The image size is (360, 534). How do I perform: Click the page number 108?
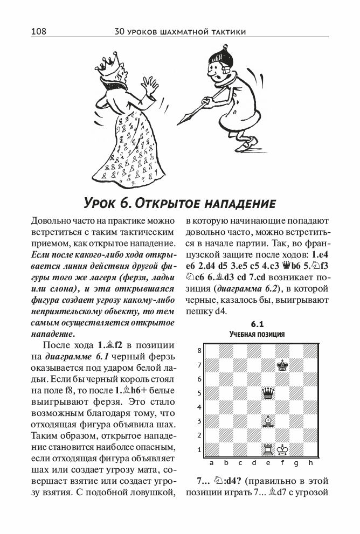pyautogui.click(x=39, y=32)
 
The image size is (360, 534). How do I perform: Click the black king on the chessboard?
pyautogui.click(x=281, y=365)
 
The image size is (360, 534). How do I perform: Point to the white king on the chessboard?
pyautogui.click(x=281, y=448)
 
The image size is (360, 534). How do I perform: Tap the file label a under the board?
pyautogui.click(x=212, y=462)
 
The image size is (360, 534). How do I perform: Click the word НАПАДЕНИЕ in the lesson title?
pyautogui.click(x=237, y=203)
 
